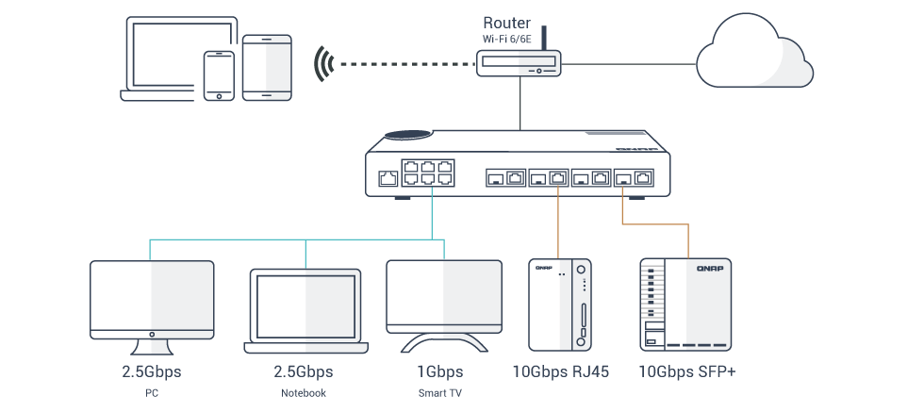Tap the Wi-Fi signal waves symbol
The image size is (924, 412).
325,64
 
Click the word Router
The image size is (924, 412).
506,22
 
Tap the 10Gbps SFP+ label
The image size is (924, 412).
686,371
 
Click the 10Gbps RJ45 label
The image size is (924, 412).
560,371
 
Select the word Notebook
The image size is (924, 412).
304,392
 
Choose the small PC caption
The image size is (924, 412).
151,392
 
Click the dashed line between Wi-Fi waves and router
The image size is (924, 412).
405,64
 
